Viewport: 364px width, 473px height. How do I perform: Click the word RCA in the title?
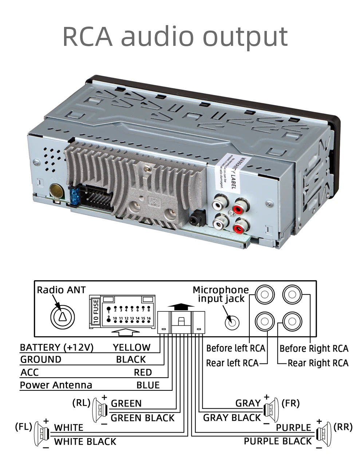[87, 36]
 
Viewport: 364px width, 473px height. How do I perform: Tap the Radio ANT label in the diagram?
[61, 290]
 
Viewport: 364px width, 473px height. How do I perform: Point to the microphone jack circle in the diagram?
[232, 322]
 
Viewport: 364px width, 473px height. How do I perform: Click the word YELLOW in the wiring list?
[131, 347]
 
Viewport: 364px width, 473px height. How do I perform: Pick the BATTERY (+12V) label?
[56, 347]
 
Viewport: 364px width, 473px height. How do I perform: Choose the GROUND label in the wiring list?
[41, 359]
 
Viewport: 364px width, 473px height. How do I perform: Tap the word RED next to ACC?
[143, 373]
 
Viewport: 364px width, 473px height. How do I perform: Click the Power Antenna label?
[56, 385]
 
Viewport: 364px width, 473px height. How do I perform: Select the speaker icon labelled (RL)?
[99, 410]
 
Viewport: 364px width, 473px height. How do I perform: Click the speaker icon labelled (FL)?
[41, 434]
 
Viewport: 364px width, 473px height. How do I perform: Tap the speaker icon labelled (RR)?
[324, 434]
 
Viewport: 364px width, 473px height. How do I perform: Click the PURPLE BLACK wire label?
[277, 441]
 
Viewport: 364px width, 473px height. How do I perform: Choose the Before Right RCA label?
[313, 349]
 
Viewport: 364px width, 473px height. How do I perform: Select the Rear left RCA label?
[232, 363]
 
